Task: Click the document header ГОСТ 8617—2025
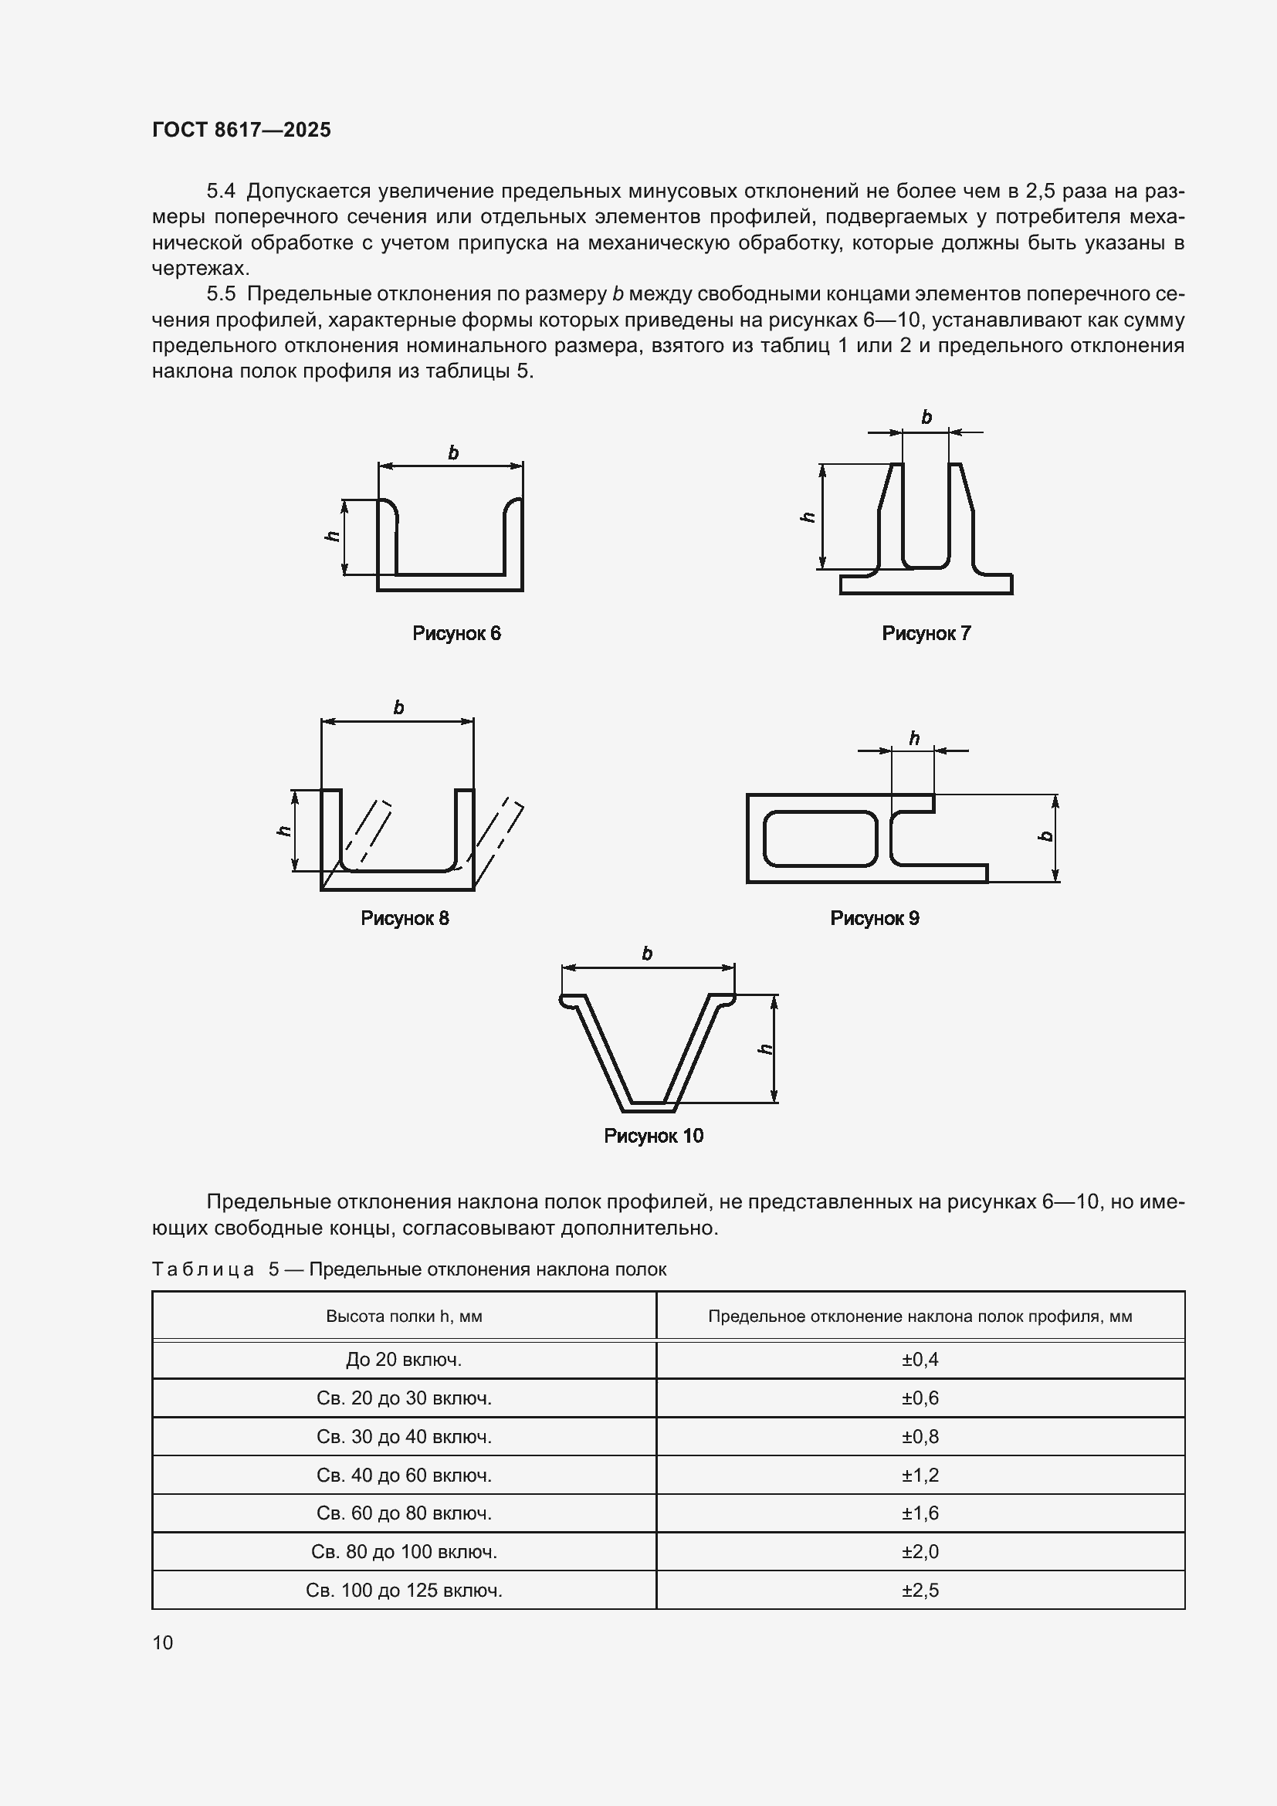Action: click(242, 130)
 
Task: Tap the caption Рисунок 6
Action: click(456, 633)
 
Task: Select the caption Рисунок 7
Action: click(926, 633)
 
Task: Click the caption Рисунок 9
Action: click(875, 918)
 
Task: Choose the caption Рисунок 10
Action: click(652, 1135)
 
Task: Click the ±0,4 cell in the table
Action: click(920, 1359)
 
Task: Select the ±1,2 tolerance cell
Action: click(920, 1475)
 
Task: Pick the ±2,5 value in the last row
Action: click(920, 1590)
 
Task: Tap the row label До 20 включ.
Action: click(403, 1359)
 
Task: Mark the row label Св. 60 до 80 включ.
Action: click(403, 1513)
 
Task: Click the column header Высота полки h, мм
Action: click(403, 1316)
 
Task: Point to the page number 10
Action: click(163, 1642)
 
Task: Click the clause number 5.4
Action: click(221, 191)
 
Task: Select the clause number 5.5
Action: click(221, 294)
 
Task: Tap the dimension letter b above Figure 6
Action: click(453, 452)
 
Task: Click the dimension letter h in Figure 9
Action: click(913, 738)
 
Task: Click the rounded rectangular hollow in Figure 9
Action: click(819, 839)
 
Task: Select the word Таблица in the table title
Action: click(203, 1269)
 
